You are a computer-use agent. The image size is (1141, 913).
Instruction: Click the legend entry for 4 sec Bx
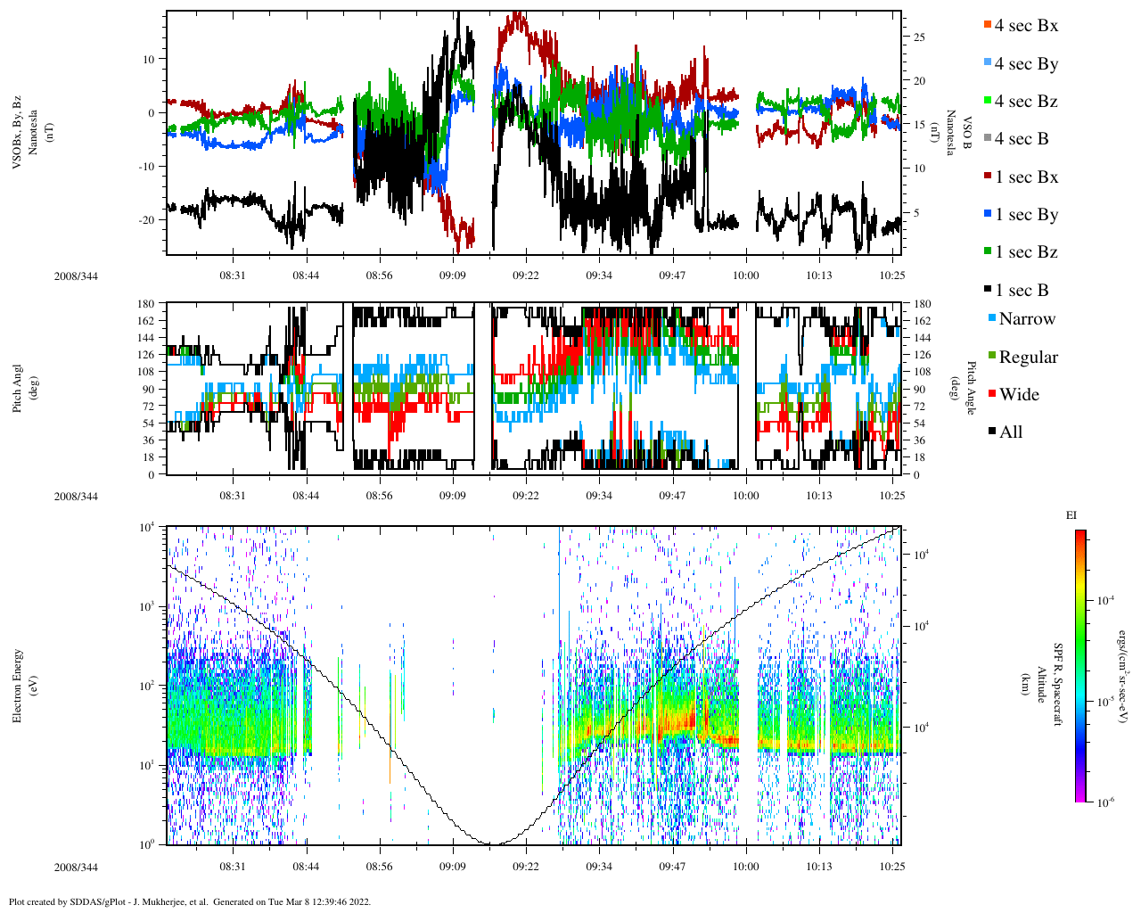pyautogui.click(x=1025, y=26)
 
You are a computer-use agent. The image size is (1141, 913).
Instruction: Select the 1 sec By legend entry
pyautogui.click(x=1026, y=215)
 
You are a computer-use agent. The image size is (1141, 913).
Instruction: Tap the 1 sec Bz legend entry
pyautogui.click(x=1026, y=252)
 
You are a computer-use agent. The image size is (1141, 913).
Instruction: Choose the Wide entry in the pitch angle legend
pyautogui.click(x=1018, y=395)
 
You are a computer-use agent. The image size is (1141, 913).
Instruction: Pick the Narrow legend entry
pyautogui.click(x=1026, y=319)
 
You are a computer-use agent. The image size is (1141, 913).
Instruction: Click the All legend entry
pyautogui.click(x=1010, y=432)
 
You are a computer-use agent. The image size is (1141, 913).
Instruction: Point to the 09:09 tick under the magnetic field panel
pyautogui.click(x=452, y=276)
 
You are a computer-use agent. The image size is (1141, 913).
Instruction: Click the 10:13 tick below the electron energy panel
pyautogui.click(x=818, y=867)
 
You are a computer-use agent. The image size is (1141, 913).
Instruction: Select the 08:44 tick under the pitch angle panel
pyautogui.click(x=306, y=496)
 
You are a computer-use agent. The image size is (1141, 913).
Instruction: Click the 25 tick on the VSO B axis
pyautogui.click(x=918, y=37)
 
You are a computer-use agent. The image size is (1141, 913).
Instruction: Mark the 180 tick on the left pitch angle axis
pyautogui.click(x=145, y=304)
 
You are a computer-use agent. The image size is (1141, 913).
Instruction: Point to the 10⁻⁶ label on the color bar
pyautogui.click(x=1105, y=802)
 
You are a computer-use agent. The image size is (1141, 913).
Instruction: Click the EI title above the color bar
pyautogui.click(x=1071, y=515)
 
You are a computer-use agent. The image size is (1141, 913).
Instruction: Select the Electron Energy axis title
pyautogui.click(x=18, y=685)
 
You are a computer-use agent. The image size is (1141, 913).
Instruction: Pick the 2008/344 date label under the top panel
pyautogui.click(x=76, y=276)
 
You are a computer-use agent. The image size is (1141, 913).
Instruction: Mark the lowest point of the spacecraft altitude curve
pyautogui.click(x=489, y=843)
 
